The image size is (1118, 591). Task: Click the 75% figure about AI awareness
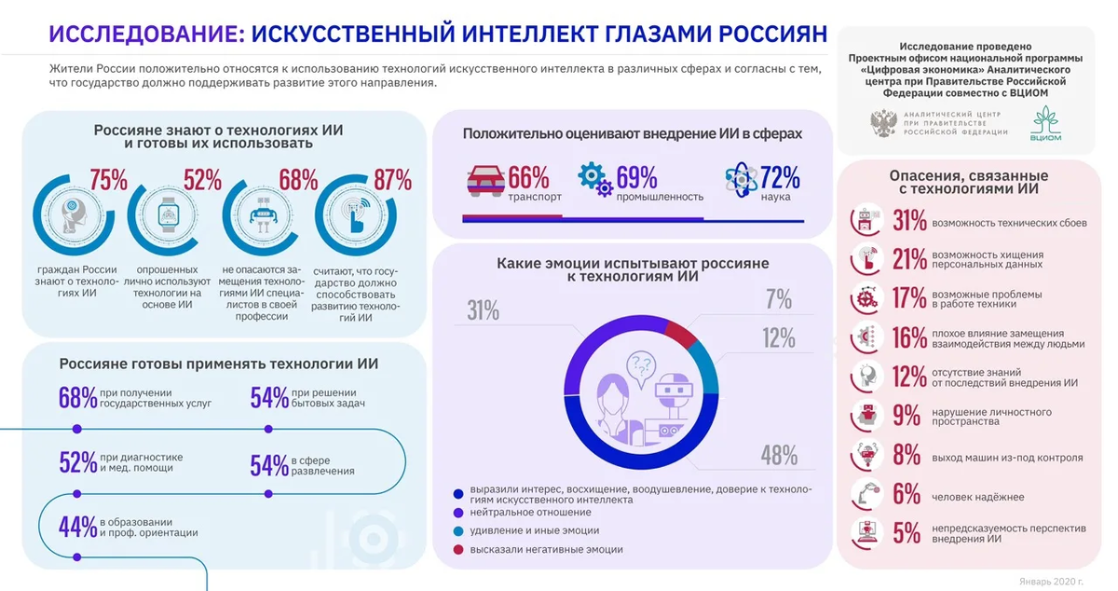[108, 180]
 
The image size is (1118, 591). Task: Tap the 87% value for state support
[391, 180]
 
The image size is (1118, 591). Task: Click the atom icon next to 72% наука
[740, 178]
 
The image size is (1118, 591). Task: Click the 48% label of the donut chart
[779, 455]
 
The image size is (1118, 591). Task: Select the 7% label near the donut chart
[778, 299]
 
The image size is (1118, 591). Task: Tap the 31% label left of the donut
[484, 309]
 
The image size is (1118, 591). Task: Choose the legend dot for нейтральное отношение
[457, 512]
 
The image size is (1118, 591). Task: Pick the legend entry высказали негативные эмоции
[547, 550]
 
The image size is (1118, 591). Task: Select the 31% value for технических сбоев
[909, 221]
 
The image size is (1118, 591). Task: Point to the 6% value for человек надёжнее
[907, 495]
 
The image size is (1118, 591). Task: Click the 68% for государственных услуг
[78, 398]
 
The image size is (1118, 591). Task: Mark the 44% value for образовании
[78, 527]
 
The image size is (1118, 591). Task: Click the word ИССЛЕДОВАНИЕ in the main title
[144, 34]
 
